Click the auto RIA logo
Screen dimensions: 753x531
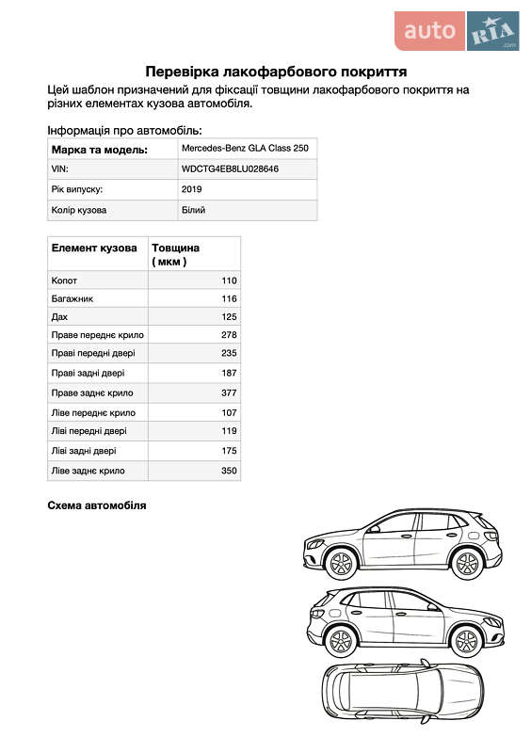tap(456, 31)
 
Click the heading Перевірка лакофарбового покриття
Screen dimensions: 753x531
tap(275, 71)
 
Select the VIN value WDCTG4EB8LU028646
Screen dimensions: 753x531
tap(230, 168)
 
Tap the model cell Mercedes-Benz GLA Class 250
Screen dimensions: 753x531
tap(244, 149)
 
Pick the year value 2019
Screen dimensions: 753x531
tap(192, 189)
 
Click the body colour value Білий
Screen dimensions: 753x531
tap(193, 210)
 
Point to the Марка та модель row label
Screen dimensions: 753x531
tap(100, 149)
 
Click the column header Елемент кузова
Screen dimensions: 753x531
tap(94, 248)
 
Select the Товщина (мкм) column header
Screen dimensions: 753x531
tap(175, 254)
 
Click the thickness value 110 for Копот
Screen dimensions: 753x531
tap(229, 280)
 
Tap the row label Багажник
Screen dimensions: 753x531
tap(72, 298)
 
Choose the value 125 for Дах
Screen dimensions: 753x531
tap(229, 317)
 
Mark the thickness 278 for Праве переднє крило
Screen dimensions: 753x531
tap(229, 335)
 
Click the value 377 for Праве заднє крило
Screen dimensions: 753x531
tap(229, 393)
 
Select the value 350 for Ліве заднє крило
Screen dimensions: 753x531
tap(229, 470)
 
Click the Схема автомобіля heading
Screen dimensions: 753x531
tap(97, 506)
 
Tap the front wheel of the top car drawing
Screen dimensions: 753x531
tap(341, 564)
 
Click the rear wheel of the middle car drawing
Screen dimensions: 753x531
tap(465, 641)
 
